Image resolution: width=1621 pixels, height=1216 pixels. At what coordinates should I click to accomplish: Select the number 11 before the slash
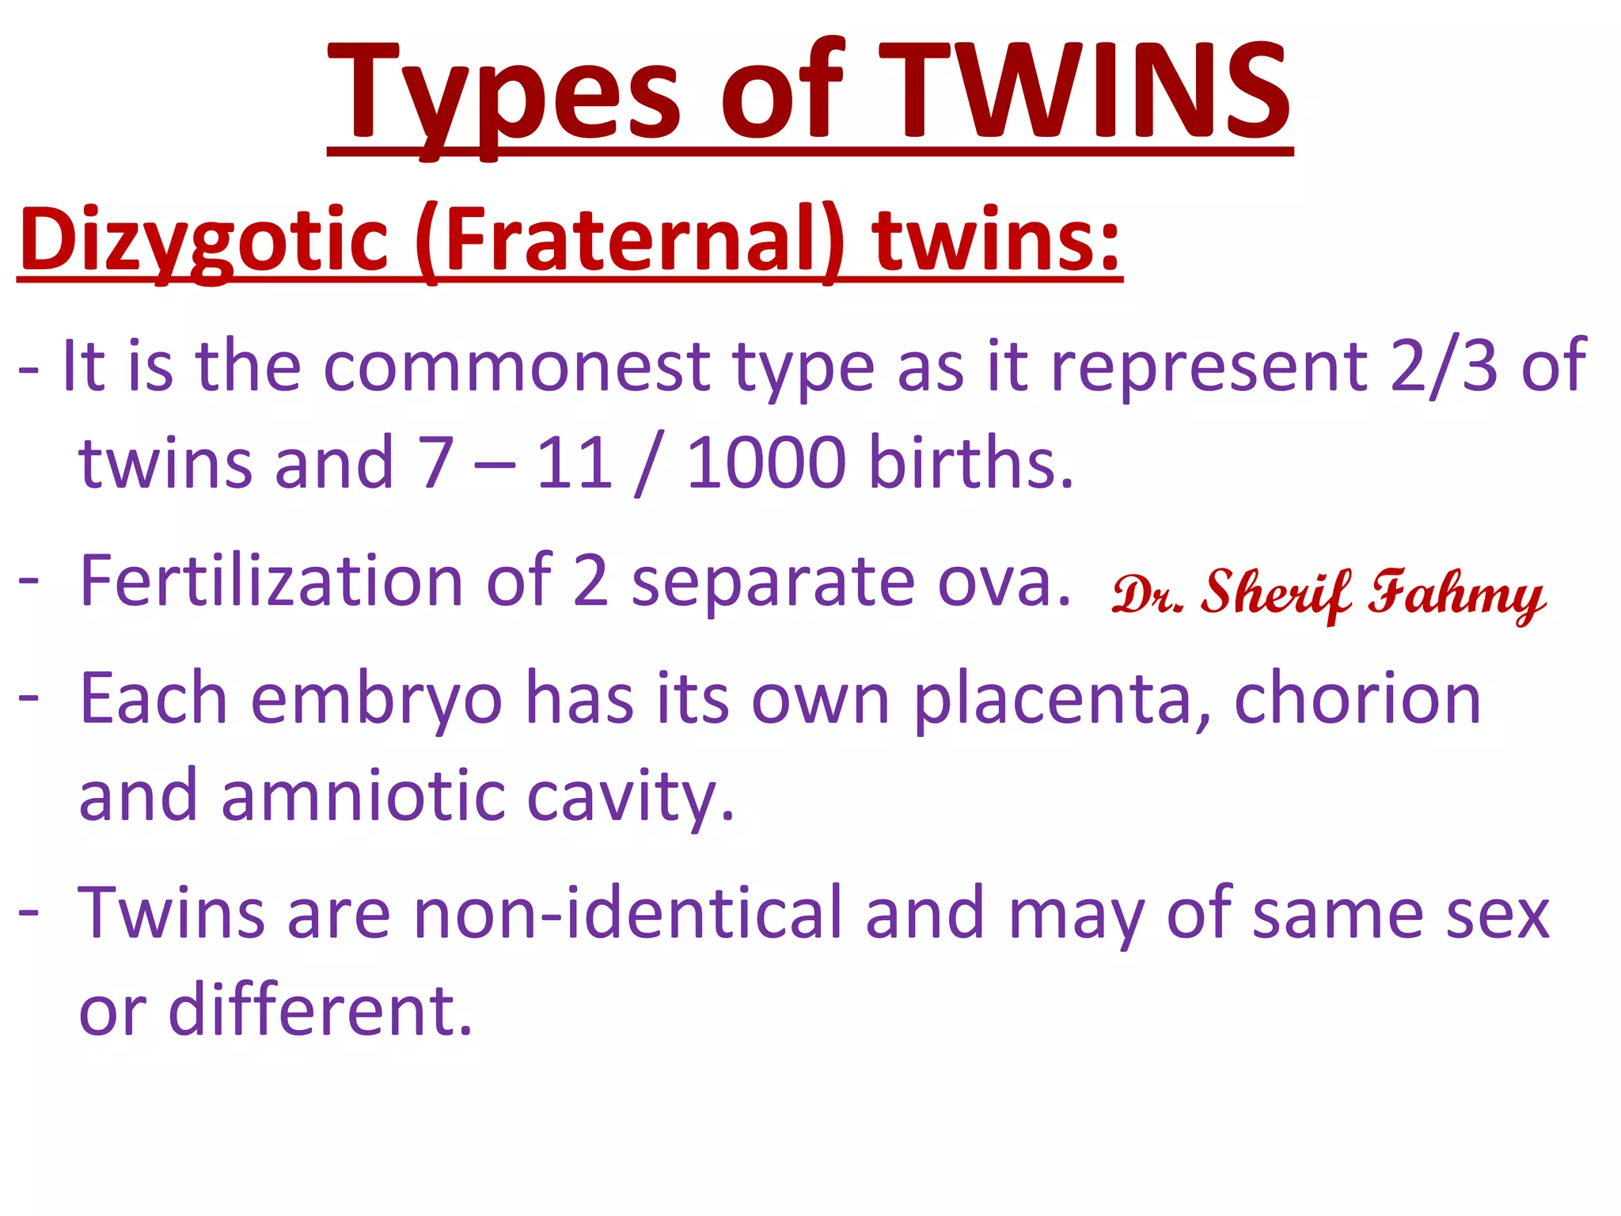pos(574,463)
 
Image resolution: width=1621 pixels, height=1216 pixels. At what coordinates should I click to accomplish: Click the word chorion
pos(1357,698)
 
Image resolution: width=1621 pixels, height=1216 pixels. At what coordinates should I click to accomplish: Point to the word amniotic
pos(363,796)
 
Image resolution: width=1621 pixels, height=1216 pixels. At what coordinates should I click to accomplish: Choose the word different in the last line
pos(321,1009)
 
